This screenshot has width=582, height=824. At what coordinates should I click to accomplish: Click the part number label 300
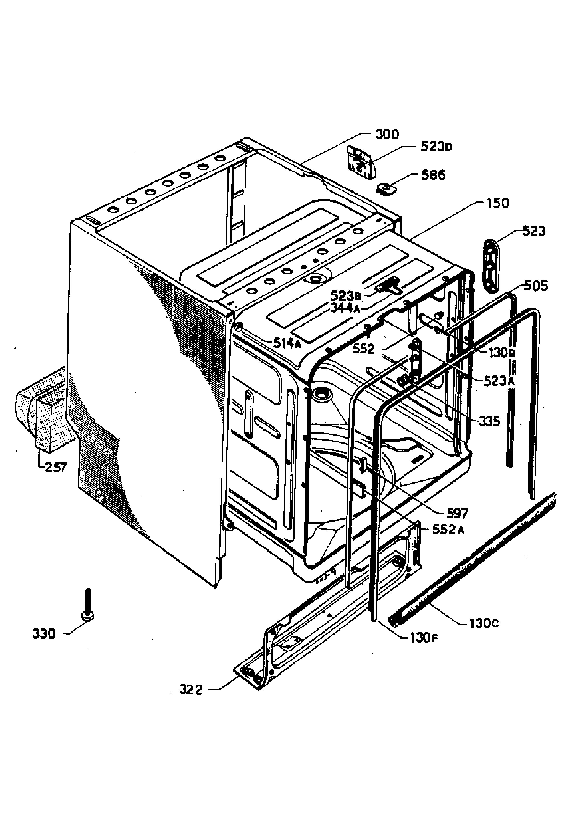coord(387,135)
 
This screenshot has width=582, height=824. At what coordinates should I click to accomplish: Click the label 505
coord(536,286)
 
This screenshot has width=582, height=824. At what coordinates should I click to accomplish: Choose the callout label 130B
coord(502,353)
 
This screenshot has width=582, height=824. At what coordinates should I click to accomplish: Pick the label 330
coord(44,634)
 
